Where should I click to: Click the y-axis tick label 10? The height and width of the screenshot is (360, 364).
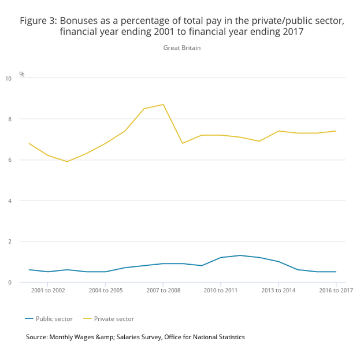[8, 78]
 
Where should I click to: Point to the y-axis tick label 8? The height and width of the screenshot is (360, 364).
[9, 119]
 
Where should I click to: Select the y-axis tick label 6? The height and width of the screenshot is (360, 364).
[9, 160]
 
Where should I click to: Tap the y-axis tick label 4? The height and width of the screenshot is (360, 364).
[9, 201]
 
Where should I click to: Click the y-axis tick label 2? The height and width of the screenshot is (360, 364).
[9, 242]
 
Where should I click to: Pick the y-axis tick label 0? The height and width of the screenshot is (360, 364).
[9, 283]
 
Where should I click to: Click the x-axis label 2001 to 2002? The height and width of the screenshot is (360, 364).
[48, 290]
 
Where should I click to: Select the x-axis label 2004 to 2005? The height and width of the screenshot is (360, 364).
[106, 290]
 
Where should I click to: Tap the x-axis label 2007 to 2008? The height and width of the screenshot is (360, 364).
[163, 290]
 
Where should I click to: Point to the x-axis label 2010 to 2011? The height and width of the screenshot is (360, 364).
[221, 290]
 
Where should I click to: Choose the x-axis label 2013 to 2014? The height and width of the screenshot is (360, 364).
[278, 290]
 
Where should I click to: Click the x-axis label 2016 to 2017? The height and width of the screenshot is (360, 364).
[336, 290]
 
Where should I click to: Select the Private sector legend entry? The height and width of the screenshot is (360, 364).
[114, 318]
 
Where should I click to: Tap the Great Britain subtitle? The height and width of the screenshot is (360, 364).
[182, 48]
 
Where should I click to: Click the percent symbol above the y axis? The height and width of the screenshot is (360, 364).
[22, 75]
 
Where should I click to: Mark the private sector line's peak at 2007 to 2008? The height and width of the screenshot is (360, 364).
[164, 105]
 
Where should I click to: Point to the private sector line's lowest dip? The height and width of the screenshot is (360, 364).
[67, 162]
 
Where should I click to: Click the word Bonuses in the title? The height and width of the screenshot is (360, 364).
[79, 21]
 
